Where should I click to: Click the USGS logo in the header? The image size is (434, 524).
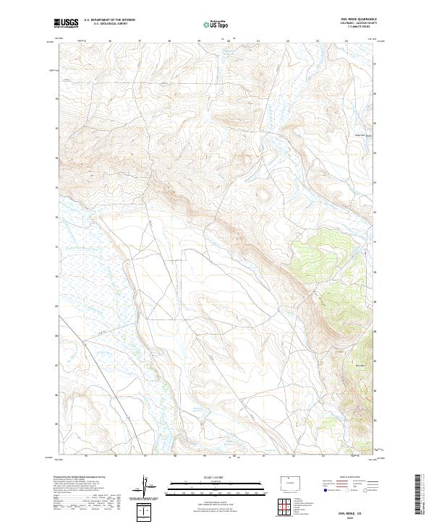66,24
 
